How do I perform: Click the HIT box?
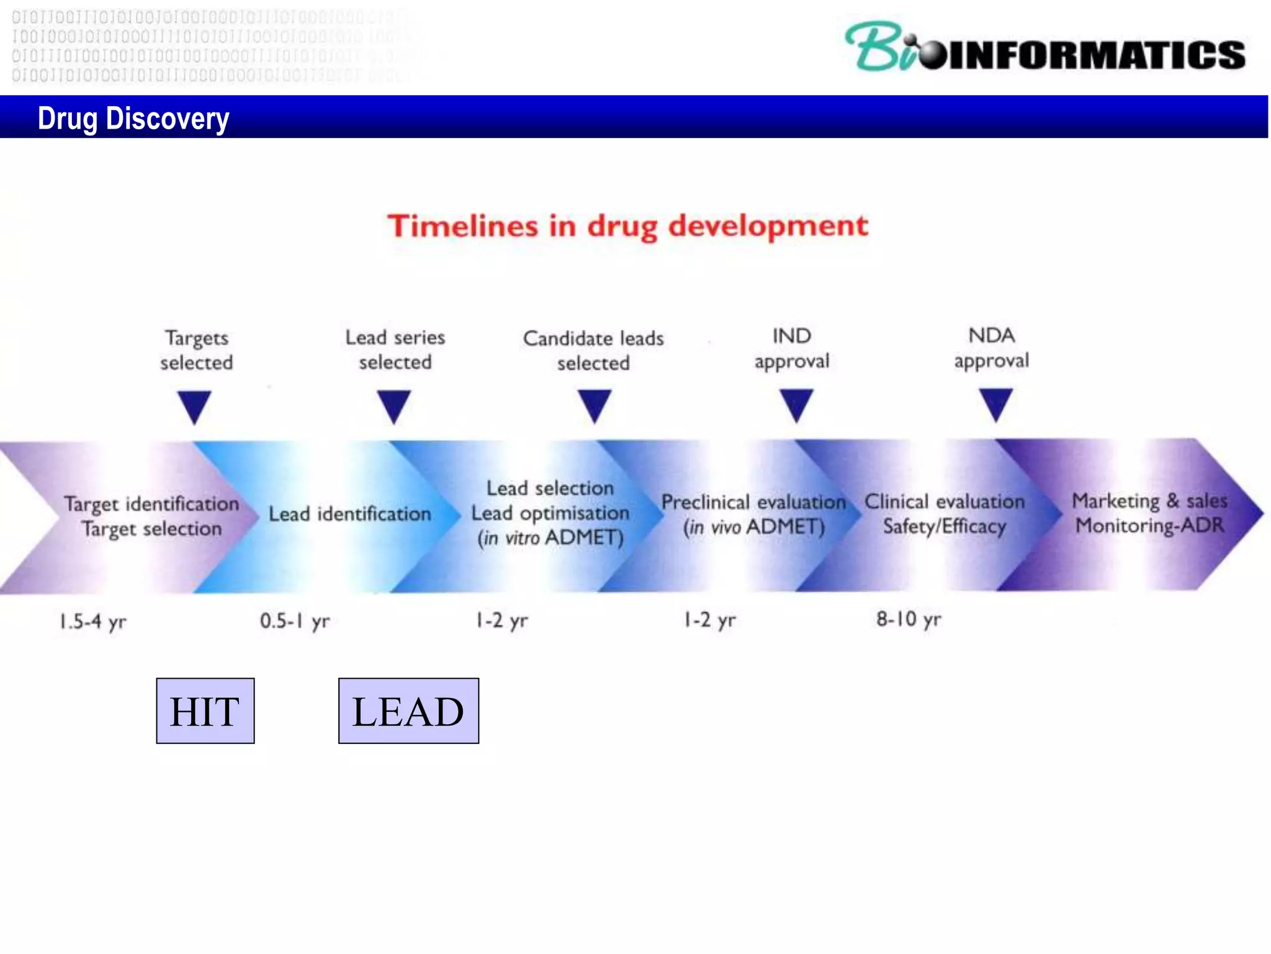click(x=205, y=711)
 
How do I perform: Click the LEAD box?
click(x=408, y=711)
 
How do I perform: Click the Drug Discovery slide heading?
click(x=133, y=118)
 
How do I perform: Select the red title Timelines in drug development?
click(x=627, y=226)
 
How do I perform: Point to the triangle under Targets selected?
click(x=195, y=406)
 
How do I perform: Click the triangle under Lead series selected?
click(x=394, y=406)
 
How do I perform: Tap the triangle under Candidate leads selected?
click(x=595, y=405)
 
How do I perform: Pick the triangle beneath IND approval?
click(x=796, y=404)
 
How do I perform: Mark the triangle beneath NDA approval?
click(x=995, y=404)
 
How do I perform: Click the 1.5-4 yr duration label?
click(x=92, y=621)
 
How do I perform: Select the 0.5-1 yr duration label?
click(x=294, y=620)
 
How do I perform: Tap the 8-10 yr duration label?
click(x=908, y=619)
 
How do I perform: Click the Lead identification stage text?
click(x=349, y=514)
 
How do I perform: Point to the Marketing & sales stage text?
click(x=1149, y=501)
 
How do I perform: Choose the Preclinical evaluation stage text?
click(x=753, y=502)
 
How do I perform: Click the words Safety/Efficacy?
click(x=944, y=527)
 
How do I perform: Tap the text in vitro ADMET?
click(x=550, y=538)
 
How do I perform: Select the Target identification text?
click(x=151, y=504)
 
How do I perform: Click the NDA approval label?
click(x=991, y=348)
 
